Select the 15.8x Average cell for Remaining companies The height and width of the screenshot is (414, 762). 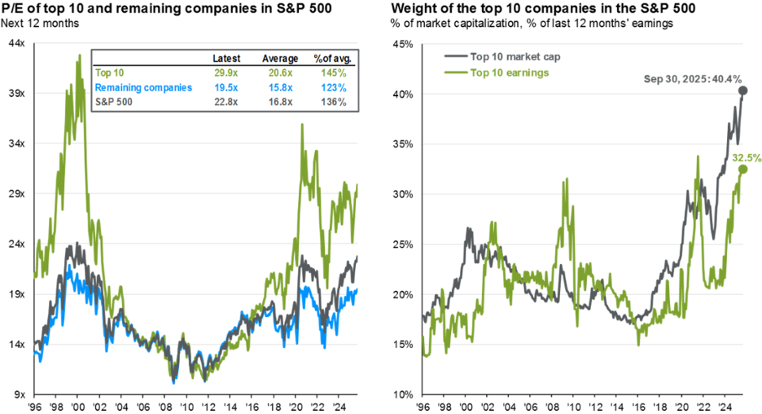click(278, 86)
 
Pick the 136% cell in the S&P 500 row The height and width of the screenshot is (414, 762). click(333, 102)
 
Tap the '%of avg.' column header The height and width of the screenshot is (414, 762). click(330, 59)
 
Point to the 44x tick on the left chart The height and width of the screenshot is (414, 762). click(16, 44)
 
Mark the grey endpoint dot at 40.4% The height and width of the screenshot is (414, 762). click(743, 90)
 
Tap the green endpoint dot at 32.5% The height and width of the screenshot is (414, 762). click(742, 170)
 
